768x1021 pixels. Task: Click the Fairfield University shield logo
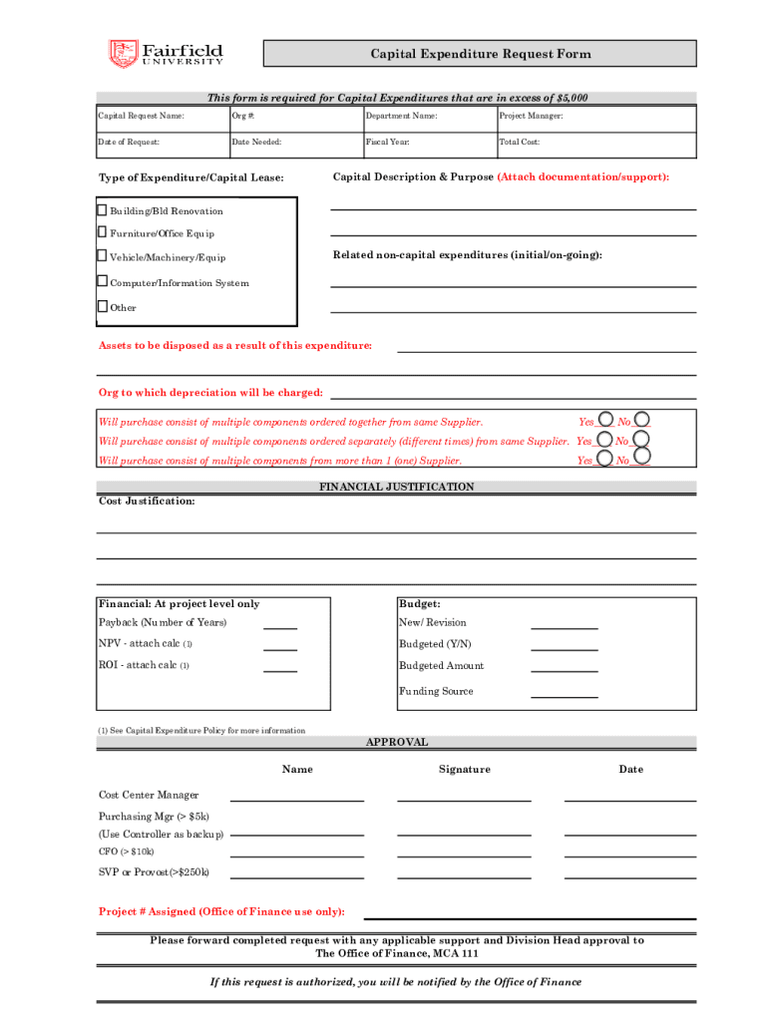point(123,54)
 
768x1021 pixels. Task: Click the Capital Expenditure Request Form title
point(481,54)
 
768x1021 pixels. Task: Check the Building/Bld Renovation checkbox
point(102,210)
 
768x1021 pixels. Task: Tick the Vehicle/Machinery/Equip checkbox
point(102,257)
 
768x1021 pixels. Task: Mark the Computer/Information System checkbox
point(102,282)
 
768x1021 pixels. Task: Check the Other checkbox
point(102,306)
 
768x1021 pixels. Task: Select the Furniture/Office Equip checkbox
point(102,232)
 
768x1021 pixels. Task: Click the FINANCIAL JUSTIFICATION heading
point(396,487)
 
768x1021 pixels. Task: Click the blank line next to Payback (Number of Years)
point(280,626)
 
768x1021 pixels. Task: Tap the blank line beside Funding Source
point(564,695)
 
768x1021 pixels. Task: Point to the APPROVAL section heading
point(396,742)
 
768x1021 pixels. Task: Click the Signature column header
point(464,769)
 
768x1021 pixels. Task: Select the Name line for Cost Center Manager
point(297,798)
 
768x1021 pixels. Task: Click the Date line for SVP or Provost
point(629,875)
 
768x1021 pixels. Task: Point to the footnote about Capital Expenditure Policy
point(201,731)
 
